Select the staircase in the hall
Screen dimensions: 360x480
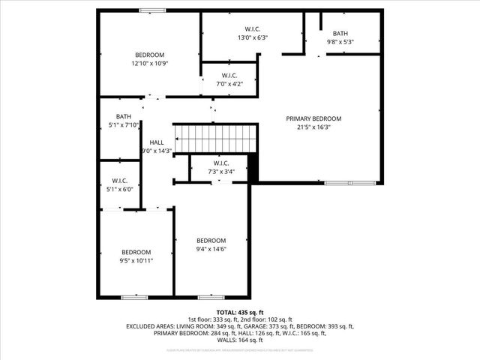216,139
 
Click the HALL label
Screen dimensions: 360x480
156,142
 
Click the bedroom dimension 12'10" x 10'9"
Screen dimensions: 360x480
150,64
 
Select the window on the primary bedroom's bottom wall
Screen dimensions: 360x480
350,183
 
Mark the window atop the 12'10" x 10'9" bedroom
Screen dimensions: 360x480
152,10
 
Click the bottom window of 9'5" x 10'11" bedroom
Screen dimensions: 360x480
134,297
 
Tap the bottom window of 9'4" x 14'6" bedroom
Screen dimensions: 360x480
211,297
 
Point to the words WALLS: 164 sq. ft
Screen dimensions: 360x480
240,339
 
